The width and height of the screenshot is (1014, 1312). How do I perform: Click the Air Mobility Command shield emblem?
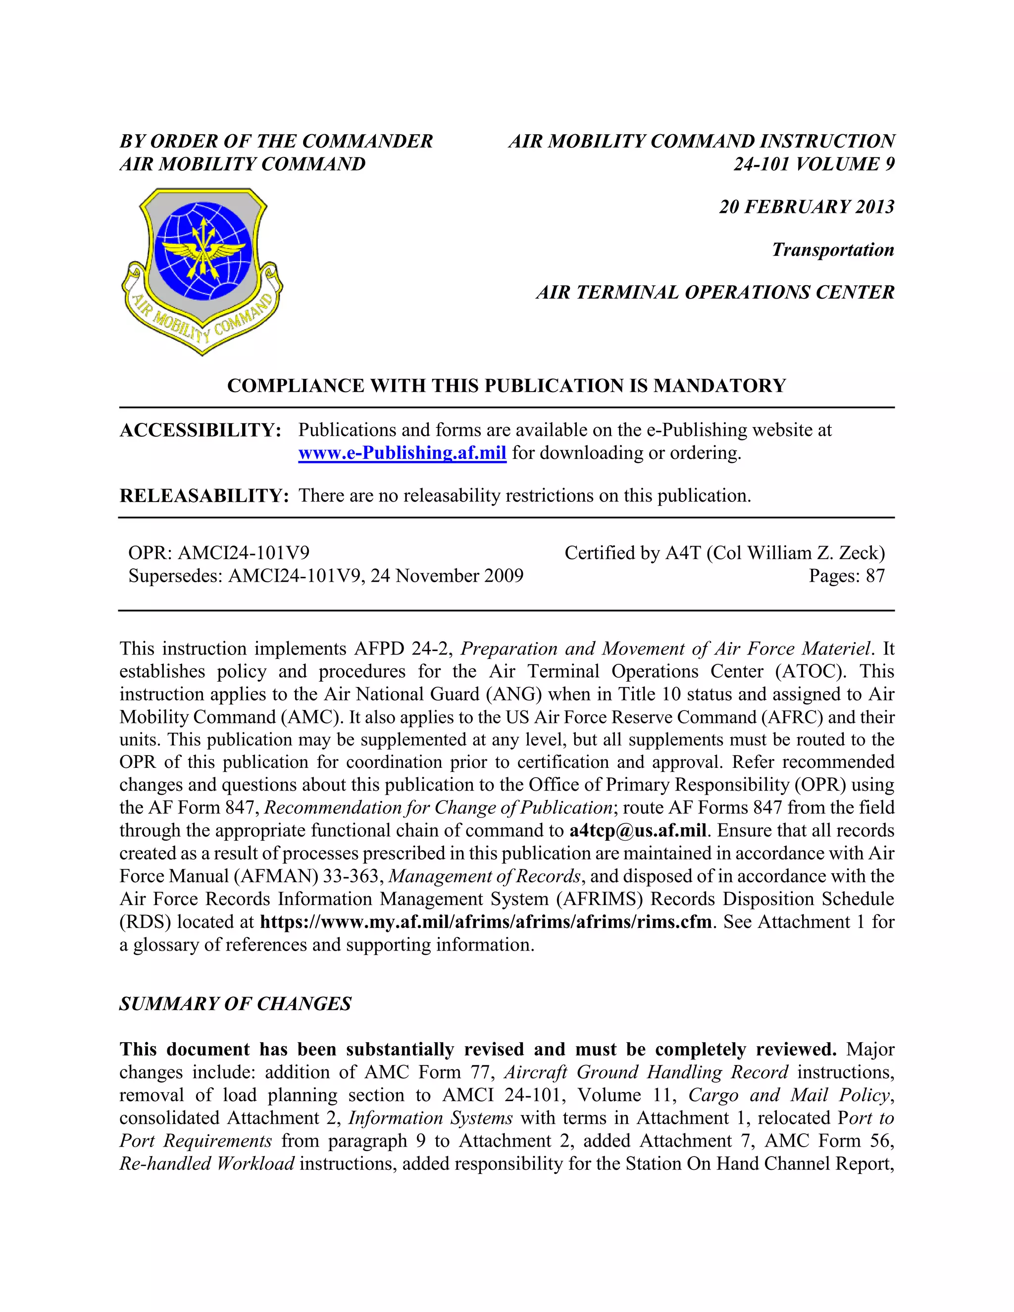[202, 270]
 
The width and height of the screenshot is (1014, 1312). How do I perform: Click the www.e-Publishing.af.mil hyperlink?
[402, 453]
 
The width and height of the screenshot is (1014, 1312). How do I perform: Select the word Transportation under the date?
[833, 250]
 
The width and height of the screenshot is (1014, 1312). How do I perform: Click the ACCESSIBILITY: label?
[201, 431]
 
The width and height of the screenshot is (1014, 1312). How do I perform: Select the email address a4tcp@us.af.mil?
[637, 831]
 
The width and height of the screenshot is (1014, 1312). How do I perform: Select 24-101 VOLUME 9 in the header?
[814, 164]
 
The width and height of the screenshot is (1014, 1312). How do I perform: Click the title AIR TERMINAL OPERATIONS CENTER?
[715, 293]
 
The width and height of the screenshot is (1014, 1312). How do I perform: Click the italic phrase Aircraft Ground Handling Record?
[646, 1072]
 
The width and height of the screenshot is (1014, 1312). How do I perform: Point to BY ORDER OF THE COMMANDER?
[276, 142]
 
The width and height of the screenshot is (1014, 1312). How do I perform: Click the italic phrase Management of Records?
[484, 876]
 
